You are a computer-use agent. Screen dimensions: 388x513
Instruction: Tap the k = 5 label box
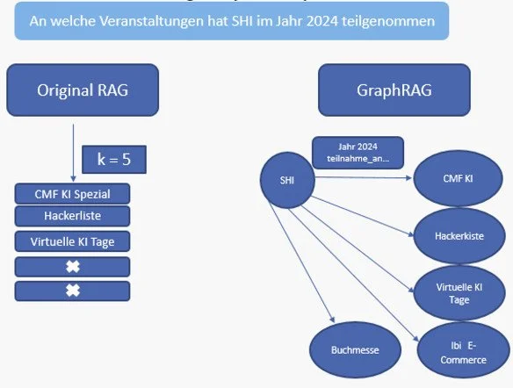[x=113, y=159]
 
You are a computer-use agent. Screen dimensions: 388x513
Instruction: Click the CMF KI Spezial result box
[x=73, y=193]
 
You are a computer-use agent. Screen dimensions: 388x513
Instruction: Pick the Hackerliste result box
[x=73, y=216]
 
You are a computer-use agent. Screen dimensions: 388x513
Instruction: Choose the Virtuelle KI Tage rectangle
[x=73, y=241]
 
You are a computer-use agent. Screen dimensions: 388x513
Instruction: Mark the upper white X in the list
[x=73, y=266]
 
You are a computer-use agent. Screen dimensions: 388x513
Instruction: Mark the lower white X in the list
[x=73, y=291]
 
